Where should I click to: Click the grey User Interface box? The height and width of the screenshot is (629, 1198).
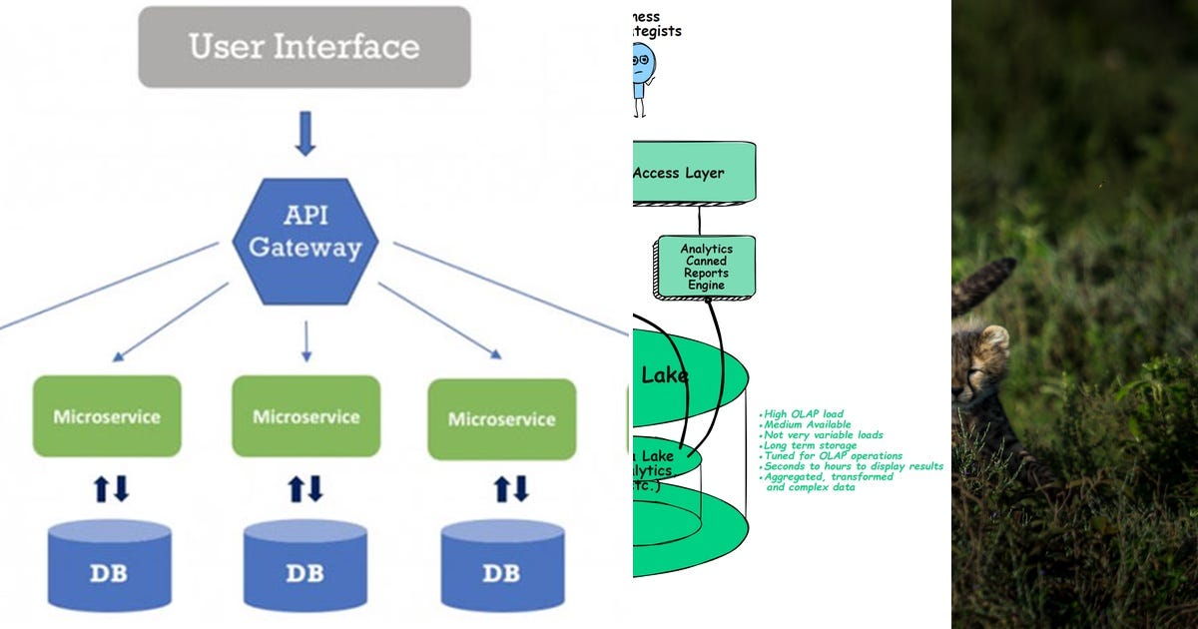(303, 47)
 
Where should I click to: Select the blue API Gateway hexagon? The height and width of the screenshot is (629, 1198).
(304, 241)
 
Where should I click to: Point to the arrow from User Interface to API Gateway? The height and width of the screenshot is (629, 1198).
(304, 134)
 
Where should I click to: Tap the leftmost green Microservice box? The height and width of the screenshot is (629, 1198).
(107, 416)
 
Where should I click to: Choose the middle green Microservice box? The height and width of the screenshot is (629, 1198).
(305, 416)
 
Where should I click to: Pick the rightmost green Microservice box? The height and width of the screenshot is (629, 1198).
(501, 418)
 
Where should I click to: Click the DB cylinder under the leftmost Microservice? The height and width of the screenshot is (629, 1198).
(109, 565)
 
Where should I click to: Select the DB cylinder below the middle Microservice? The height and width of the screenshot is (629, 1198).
(305, 565)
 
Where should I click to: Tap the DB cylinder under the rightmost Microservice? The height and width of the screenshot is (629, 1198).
(502, 565)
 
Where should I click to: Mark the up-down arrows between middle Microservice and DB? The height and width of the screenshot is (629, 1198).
(306, 488)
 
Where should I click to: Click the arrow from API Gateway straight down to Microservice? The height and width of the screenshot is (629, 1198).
(305, 340)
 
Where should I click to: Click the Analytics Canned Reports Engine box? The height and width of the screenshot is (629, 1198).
(706, 267)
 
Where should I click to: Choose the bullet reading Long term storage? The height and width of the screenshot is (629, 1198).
(810, 445)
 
